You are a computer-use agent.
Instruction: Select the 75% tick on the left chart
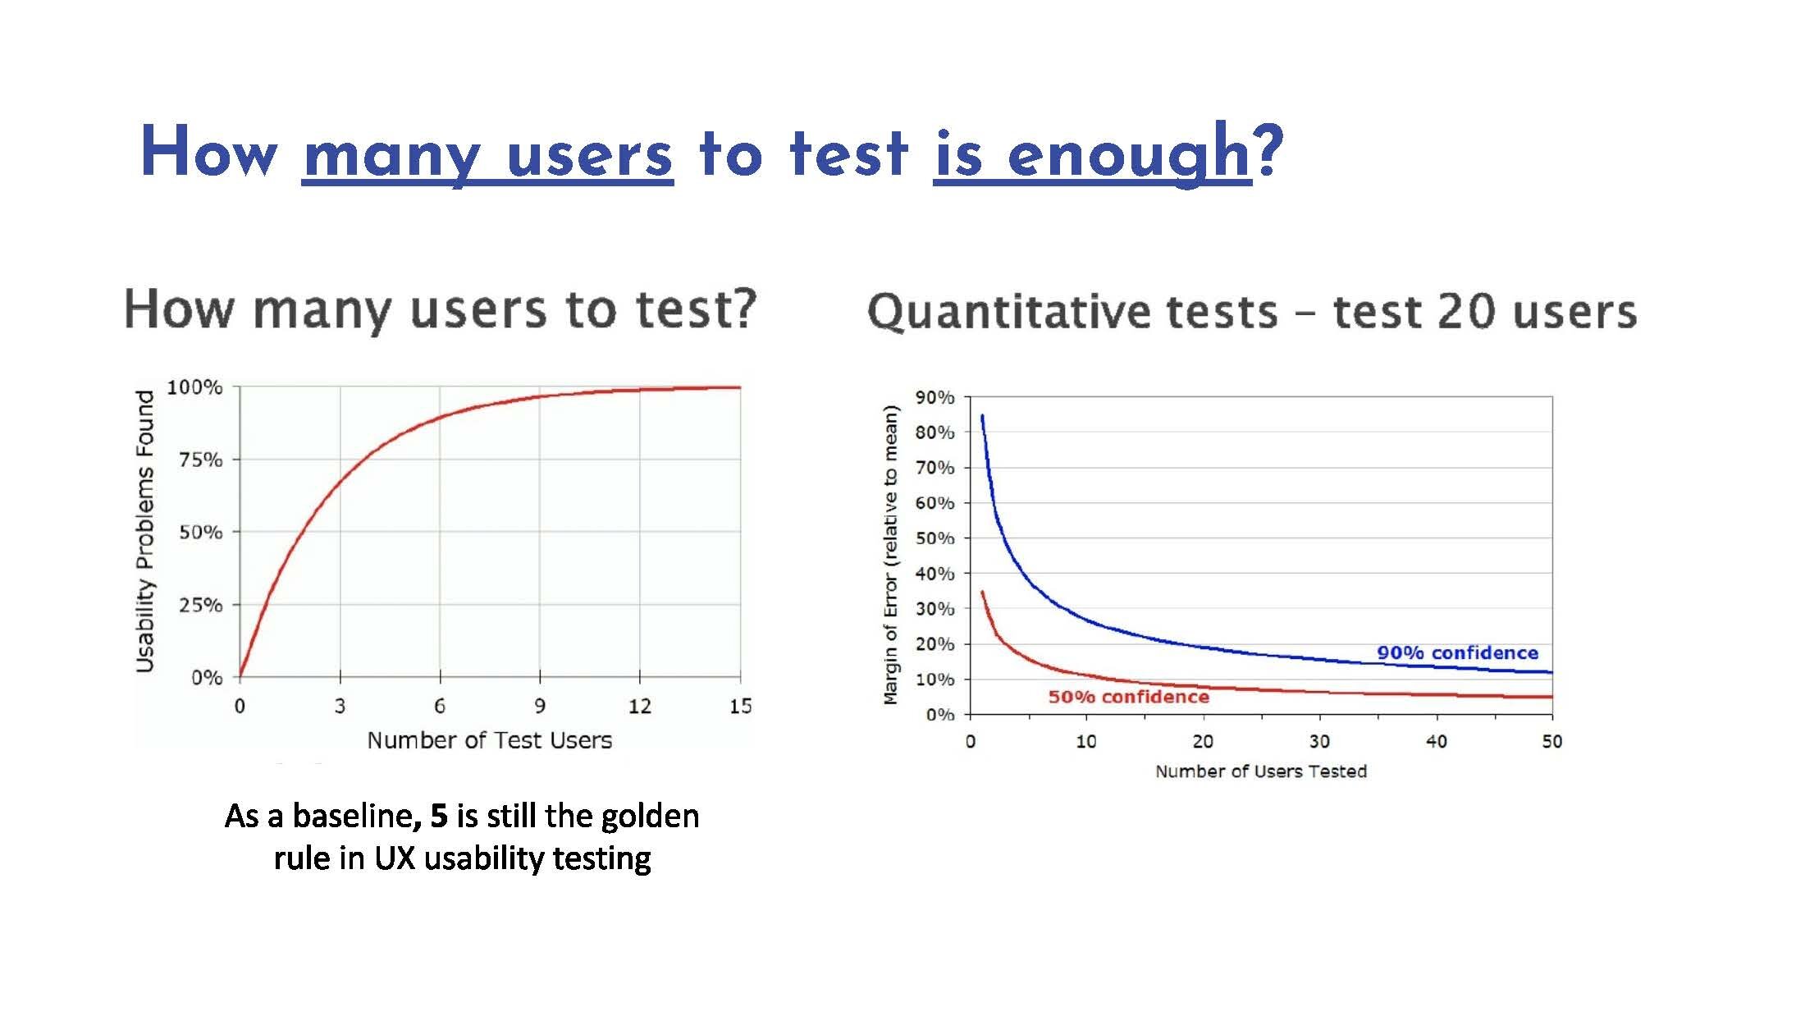(201, 460)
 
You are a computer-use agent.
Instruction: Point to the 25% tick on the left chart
(201, 605)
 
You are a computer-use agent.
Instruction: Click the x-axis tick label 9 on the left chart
(540, 706)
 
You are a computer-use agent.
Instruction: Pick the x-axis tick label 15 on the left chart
(740, 706)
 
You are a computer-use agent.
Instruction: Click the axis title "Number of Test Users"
(489, 740)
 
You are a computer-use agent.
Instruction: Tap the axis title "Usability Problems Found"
(145, 531)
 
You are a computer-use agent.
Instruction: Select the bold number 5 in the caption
(439, 816)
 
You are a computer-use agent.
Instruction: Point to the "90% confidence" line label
(1457, 653)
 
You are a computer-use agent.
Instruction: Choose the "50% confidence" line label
(1128, 697)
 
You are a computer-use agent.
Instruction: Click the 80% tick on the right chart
(934, 432)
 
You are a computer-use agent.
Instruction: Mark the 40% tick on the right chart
(934, 574)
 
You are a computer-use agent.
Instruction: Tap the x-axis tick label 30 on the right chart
(1319, 742)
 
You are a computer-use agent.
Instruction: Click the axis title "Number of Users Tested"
(1261, 771)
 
